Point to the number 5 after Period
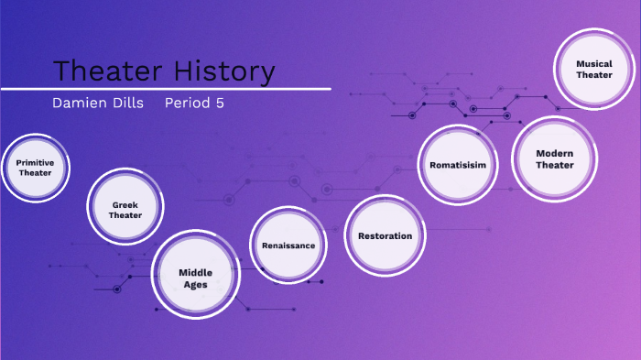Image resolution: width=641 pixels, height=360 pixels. point(220,103)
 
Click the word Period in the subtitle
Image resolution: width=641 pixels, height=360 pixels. point(188,103)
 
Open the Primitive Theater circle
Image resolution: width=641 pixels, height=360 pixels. point(35,167)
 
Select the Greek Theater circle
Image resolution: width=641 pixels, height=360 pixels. point(125,210)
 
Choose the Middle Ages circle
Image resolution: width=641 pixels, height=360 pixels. point(194,278)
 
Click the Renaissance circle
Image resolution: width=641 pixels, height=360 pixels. point(288,245)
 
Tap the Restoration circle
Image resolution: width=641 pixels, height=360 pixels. point(385,235)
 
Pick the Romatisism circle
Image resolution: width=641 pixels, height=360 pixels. point(456,165)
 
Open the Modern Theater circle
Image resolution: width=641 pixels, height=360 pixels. point(554,158)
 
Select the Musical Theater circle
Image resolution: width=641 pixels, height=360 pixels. point(593,70)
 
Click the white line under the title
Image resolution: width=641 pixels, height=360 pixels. point(165,89)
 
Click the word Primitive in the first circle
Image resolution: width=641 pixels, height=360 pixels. point(35,162)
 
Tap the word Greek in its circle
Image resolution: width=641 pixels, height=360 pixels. point(125,204)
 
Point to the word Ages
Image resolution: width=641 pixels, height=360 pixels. point(194,284)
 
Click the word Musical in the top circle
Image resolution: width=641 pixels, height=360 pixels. point(593,64)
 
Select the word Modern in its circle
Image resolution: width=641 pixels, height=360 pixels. point(554,153)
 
